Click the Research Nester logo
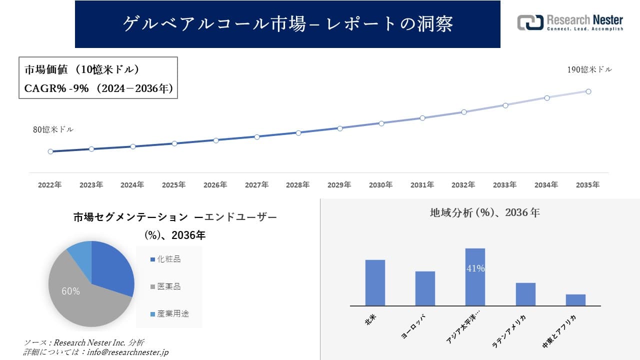pos(570,22)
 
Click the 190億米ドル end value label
pos(589,70)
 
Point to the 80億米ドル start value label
pos(53,129)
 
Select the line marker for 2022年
pos(50,151)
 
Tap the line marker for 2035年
pos(588,91)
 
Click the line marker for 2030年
pos(381,123)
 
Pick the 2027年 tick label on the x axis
pos(256,185)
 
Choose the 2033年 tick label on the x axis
pos(505,185)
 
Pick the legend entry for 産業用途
pos(172,314)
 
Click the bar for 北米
pos(375,282)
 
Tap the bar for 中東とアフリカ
pos(575,300)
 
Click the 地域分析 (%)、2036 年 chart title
pos(484,212)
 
